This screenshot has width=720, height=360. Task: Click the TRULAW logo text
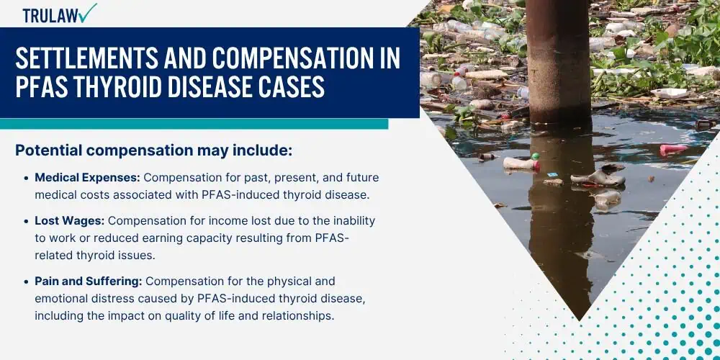(x=50, y=16)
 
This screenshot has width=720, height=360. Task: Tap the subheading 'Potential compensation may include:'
(x=154, y=150)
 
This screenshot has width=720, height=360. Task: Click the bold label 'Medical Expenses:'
(x=88, y=178)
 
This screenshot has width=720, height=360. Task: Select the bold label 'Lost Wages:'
(x=70, y=221)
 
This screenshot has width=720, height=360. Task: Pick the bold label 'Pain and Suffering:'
(x=89, y=281)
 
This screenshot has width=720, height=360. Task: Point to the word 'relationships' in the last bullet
(x=297, y=316)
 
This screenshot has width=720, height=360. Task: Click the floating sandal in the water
(x=598, y=177)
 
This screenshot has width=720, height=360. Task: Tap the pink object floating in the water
(x=674, y=149)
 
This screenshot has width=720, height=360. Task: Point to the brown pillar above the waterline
(x=558, y=60)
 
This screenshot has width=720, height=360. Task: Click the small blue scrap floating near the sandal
(x=552, y=175)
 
